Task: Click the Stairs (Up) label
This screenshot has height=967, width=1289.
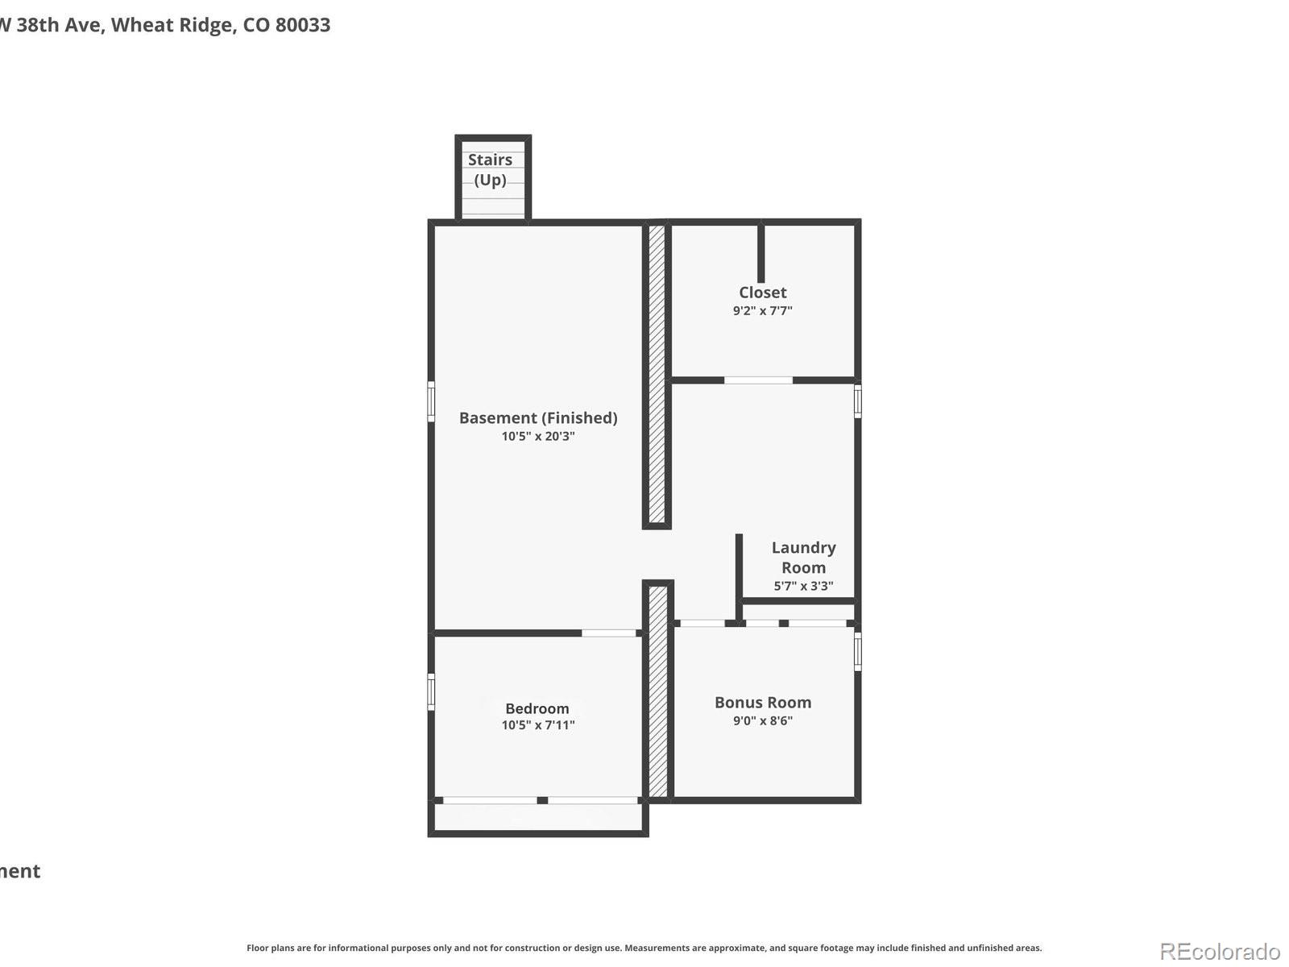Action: (x=490, y=169)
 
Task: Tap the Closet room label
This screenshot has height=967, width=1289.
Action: (x=762, y=293)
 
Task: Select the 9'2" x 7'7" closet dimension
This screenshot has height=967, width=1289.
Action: (x=762, y=310)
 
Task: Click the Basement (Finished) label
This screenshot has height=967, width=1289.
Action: (x=538, y=417)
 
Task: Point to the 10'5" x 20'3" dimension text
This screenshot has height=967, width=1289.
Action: (x=538, y=436)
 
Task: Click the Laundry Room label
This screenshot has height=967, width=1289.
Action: (x=803, y=557)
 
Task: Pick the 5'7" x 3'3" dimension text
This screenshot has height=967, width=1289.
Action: (x=803, y=586)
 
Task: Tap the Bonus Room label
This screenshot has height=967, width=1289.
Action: (x=762, y=702)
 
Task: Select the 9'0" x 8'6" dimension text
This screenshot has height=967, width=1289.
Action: (x=762, y=720)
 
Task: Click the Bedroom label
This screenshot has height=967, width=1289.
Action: (x=537, y=708)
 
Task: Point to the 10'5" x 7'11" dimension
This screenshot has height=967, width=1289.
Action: (x=538, y=724)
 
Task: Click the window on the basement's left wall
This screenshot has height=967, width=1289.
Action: (x=431, y=401)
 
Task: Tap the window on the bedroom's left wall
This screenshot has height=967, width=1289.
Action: (x=431, y=691)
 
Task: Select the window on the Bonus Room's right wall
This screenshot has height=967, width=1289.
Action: (x=857, y=651)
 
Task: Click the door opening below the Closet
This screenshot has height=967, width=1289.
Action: (x=758, y=380)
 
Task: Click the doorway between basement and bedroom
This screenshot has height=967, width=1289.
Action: (x=608, y=633)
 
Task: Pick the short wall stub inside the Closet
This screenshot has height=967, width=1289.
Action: (x=761, y=253)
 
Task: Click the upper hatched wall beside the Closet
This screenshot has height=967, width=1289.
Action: (x=657, y=374)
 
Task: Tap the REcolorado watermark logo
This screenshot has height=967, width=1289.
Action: (x=1219, y=952)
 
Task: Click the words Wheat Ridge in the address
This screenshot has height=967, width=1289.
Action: (x=173, y=25)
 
